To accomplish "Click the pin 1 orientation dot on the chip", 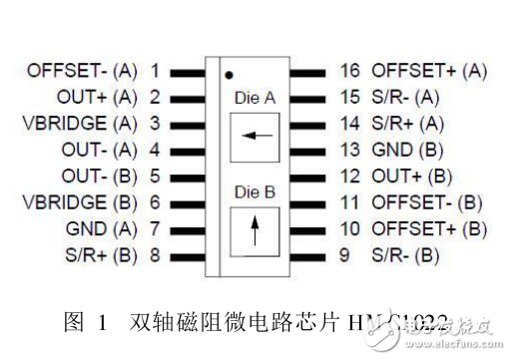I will click(x=229, y=75).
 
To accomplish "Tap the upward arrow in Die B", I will click(x=254, y=233).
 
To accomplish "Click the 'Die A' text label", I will click(x=254, y=99).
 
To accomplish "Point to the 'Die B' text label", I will click(x=254, y=191).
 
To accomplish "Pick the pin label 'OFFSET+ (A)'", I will click(x=429, y=71).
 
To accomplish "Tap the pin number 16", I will click(x=348, y=71).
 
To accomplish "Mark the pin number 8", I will click(x=155, y=254).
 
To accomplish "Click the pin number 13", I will click(x=348, y=150).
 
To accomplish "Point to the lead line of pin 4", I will click(x=187, y=150).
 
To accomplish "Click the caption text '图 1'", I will click(x=87, y=323).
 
